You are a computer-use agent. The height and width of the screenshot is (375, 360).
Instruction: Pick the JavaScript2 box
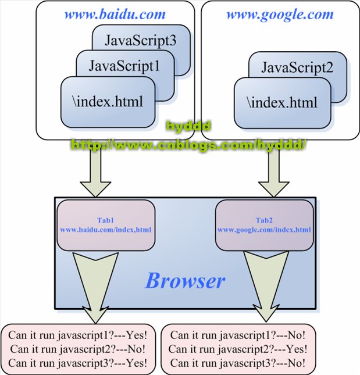(297, 68)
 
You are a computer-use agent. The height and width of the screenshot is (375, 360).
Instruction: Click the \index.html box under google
(282, 103)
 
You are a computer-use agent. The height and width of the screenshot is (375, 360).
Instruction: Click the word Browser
(184, 281)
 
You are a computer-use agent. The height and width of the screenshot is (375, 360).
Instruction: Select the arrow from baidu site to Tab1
(92, 174)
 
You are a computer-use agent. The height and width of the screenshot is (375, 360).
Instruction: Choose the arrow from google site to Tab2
(273, 174)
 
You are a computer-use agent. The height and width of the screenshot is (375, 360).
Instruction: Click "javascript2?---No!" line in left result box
(79, 349)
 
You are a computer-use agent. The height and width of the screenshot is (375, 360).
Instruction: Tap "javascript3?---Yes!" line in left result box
(79, 363)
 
